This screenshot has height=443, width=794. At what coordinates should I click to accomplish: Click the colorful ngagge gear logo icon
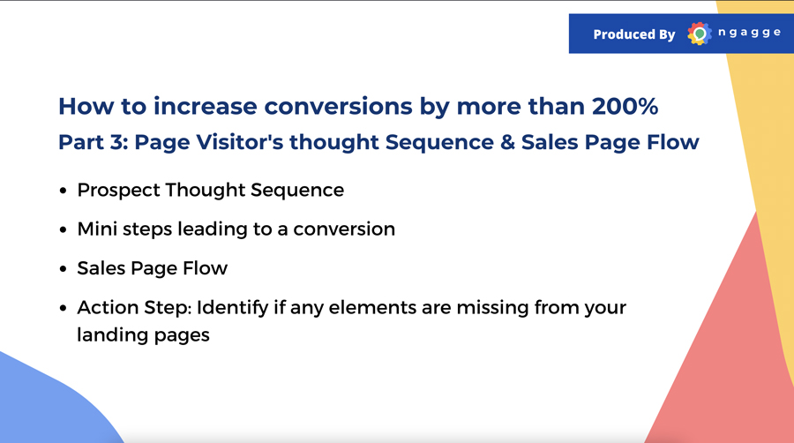coord(700,34)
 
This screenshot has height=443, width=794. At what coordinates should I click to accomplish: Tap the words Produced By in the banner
coord(634,34)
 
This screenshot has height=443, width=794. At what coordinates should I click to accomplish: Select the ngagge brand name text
coord(749,33)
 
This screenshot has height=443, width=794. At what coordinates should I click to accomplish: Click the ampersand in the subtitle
coord(507,142)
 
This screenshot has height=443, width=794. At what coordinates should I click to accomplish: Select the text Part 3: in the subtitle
coord(94,142)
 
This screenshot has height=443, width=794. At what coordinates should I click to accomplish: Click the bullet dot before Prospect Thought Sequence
coord(63,191)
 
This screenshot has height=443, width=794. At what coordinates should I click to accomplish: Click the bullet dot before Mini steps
coord(63,229)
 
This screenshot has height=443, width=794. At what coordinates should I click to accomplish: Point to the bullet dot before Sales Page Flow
coord(63,269)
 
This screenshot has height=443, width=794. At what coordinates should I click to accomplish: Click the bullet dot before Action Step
coord(63,308)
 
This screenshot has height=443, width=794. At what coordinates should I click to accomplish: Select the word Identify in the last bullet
coord(232,308)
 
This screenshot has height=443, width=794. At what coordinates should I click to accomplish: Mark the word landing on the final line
coord(112,335)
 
